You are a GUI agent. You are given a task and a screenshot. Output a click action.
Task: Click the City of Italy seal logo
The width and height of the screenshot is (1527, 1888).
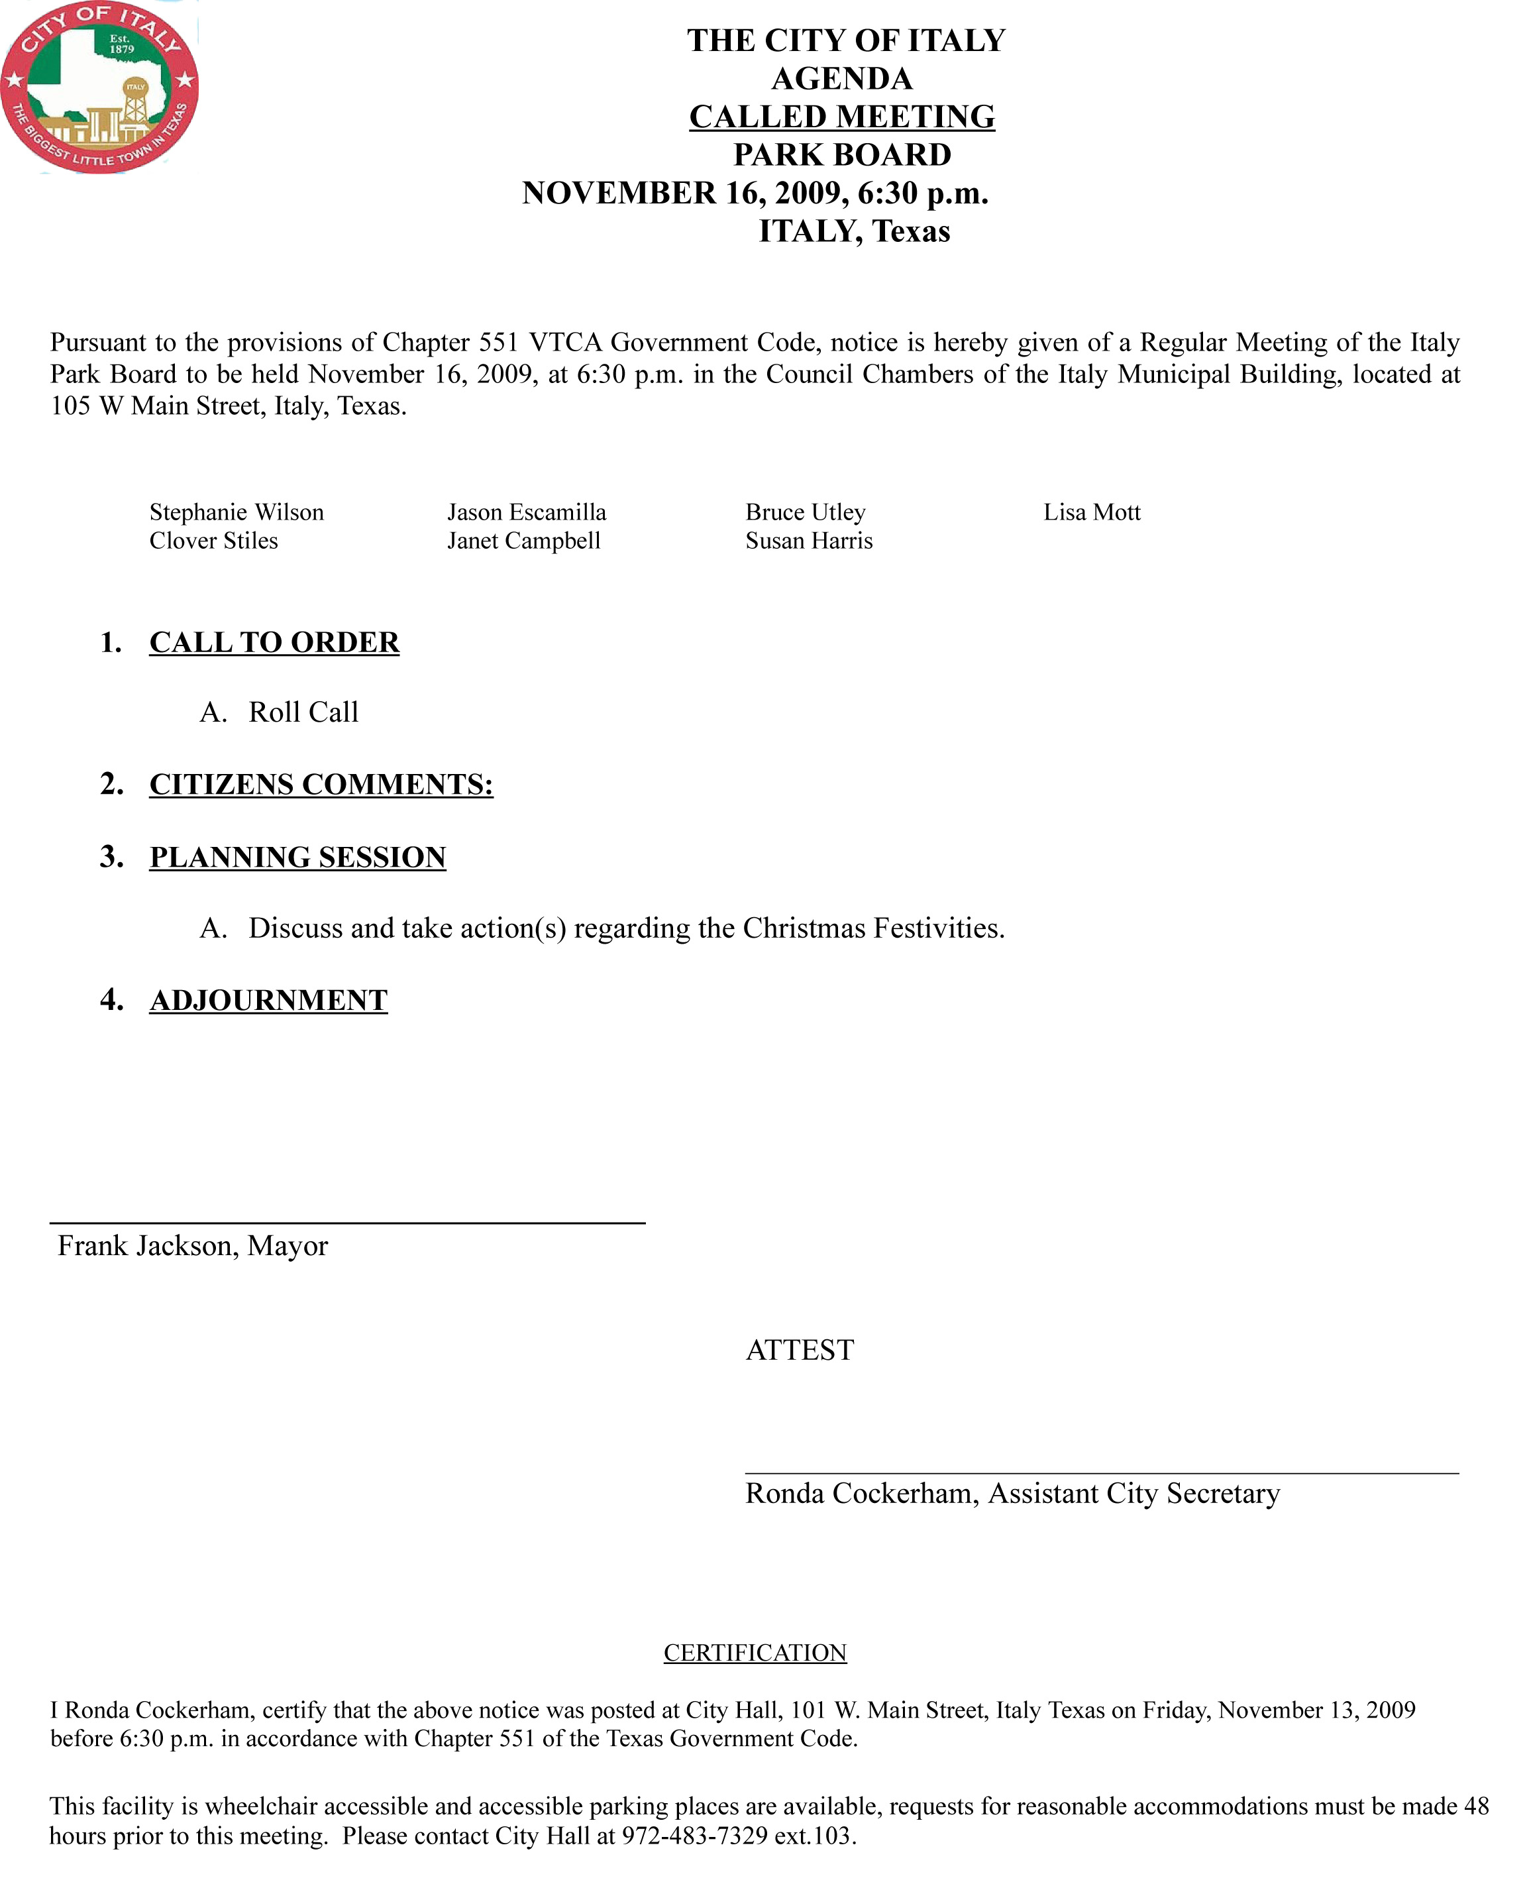coord(99,87)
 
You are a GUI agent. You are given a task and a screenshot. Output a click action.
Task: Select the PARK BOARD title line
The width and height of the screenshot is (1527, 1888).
coord(842,155)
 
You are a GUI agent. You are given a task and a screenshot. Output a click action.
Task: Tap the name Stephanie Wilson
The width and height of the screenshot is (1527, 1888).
coord(237,512)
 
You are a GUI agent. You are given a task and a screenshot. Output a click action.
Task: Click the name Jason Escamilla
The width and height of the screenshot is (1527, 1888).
coord(526,512)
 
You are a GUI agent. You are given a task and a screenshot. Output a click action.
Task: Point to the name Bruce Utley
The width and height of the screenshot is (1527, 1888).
coord(805,512)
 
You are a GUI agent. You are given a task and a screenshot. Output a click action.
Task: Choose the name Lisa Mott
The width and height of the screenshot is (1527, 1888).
coord(1092,512)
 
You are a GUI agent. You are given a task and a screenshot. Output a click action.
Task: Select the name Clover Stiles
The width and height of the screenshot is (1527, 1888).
coord(214,541)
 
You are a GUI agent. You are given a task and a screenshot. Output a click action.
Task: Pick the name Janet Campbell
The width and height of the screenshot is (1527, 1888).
coord(523,541)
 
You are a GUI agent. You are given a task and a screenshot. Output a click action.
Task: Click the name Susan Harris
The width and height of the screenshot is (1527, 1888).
coord(808,541)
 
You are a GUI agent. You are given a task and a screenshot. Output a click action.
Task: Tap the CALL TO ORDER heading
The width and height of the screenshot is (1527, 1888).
coord(274,643)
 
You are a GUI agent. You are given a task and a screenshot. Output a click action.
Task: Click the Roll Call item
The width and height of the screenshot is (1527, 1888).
coord(303,712)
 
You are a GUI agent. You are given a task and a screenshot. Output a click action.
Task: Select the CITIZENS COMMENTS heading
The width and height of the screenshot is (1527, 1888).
coord(321,785)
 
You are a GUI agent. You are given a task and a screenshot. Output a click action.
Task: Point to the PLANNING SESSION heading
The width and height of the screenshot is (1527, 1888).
coord(297,858)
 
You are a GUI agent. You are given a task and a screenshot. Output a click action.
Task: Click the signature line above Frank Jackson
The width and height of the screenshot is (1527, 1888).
coord(347,1223)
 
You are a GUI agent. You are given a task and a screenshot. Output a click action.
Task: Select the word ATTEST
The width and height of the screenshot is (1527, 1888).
coord(800,1351)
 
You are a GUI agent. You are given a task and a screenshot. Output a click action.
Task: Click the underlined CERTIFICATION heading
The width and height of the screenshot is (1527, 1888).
coord(755,1653)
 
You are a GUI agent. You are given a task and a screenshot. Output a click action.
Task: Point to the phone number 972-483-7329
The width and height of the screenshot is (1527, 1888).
coord(695,1837)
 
